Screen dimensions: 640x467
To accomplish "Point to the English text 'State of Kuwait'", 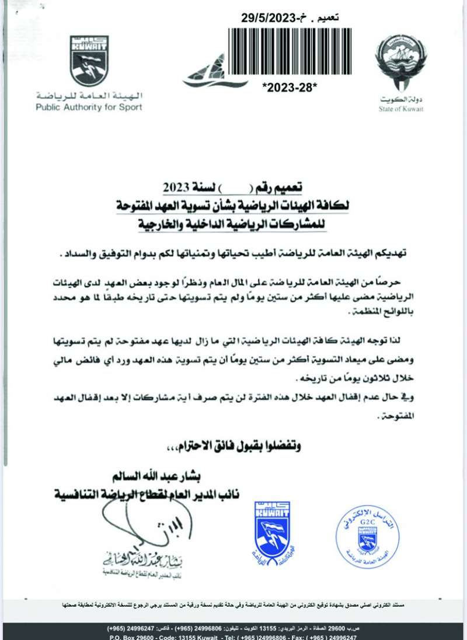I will (400, 109).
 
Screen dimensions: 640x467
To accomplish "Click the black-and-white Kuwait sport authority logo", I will (89, 60).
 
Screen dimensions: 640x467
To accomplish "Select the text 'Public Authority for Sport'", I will (89, 107).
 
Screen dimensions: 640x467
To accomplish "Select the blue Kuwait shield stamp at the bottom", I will (272, 528).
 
